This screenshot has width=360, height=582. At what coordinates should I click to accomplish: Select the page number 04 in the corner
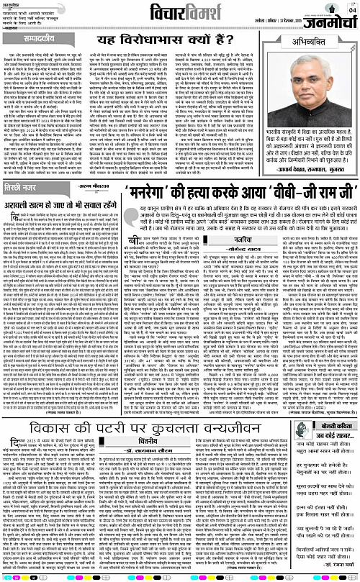351,10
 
